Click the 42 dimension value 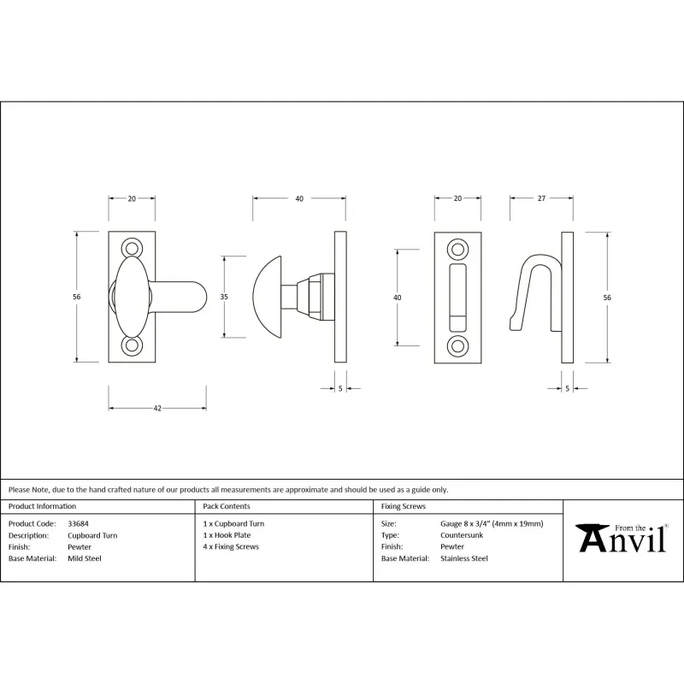click(157, 409)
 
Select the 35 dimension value click(224, 297)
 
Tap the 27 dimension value click(541, 198)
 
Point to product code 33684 click(78, 523)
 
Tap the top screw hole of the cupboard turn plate click(132, 248)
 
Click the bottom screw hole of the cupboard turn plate click(132, 346)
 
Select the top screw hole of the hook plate click(457, 250)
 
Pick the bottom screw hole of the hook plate click(457, 346)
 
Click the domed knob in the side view click(267, 297)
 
